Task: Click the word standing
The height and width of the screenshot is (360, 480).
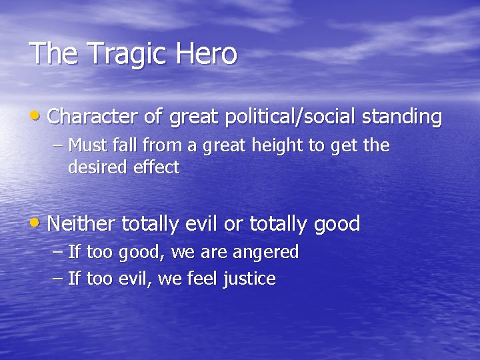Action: [x=402, y=118]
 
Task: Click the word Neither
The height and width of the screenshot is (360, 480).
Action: [x=81, y=223]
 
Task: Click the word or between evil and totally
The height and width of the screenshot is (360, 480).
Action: [x=233, y=224]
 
